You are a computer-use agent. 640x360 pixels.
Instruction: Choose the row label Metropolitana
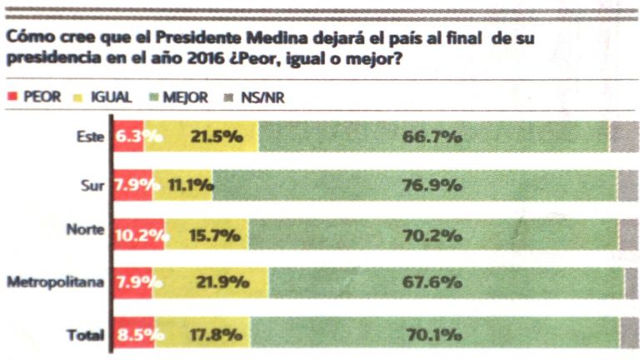tap(56, 282)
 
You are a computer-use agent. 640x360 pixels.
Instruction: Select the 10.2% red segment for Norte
tap(138, 235)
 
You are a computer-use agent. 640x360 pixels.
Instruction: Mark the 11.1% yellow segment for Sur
tap(185, 185)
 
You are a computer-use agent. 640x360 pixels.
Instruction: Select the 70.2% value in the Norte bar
tap(432, 235)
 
